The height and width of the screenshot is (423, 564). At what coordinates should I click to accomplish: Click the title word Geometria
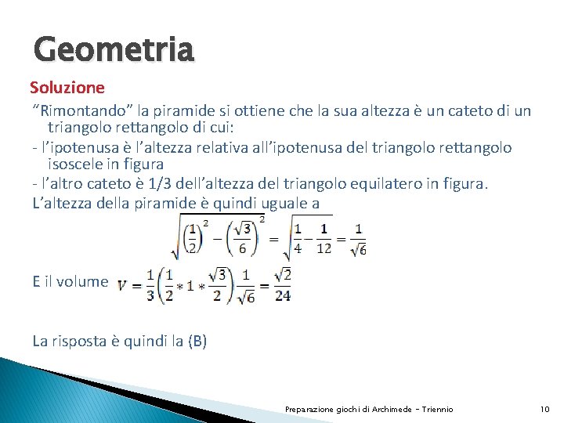click(x=114, y=50)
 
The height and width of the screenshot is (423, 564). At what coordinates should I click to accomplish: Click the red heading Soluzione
click(x=67, y=86)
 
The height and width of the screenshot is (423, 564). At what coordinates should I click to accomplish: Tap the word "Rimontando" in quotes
click(x=70, y=110)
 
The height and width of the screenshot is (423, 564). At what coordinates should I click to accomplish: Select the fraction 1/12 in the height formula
click(x=324, y=238)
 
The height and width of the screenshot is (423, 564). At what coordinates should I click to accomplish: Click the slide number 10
click(x=545, y=409)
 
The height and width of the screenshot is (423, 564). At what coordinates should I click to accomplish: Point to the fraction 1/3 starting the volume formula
click(x=148, y=286)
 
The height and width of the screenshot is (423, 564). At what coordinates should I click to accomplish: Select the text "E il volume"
click(x=70, y=281)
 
